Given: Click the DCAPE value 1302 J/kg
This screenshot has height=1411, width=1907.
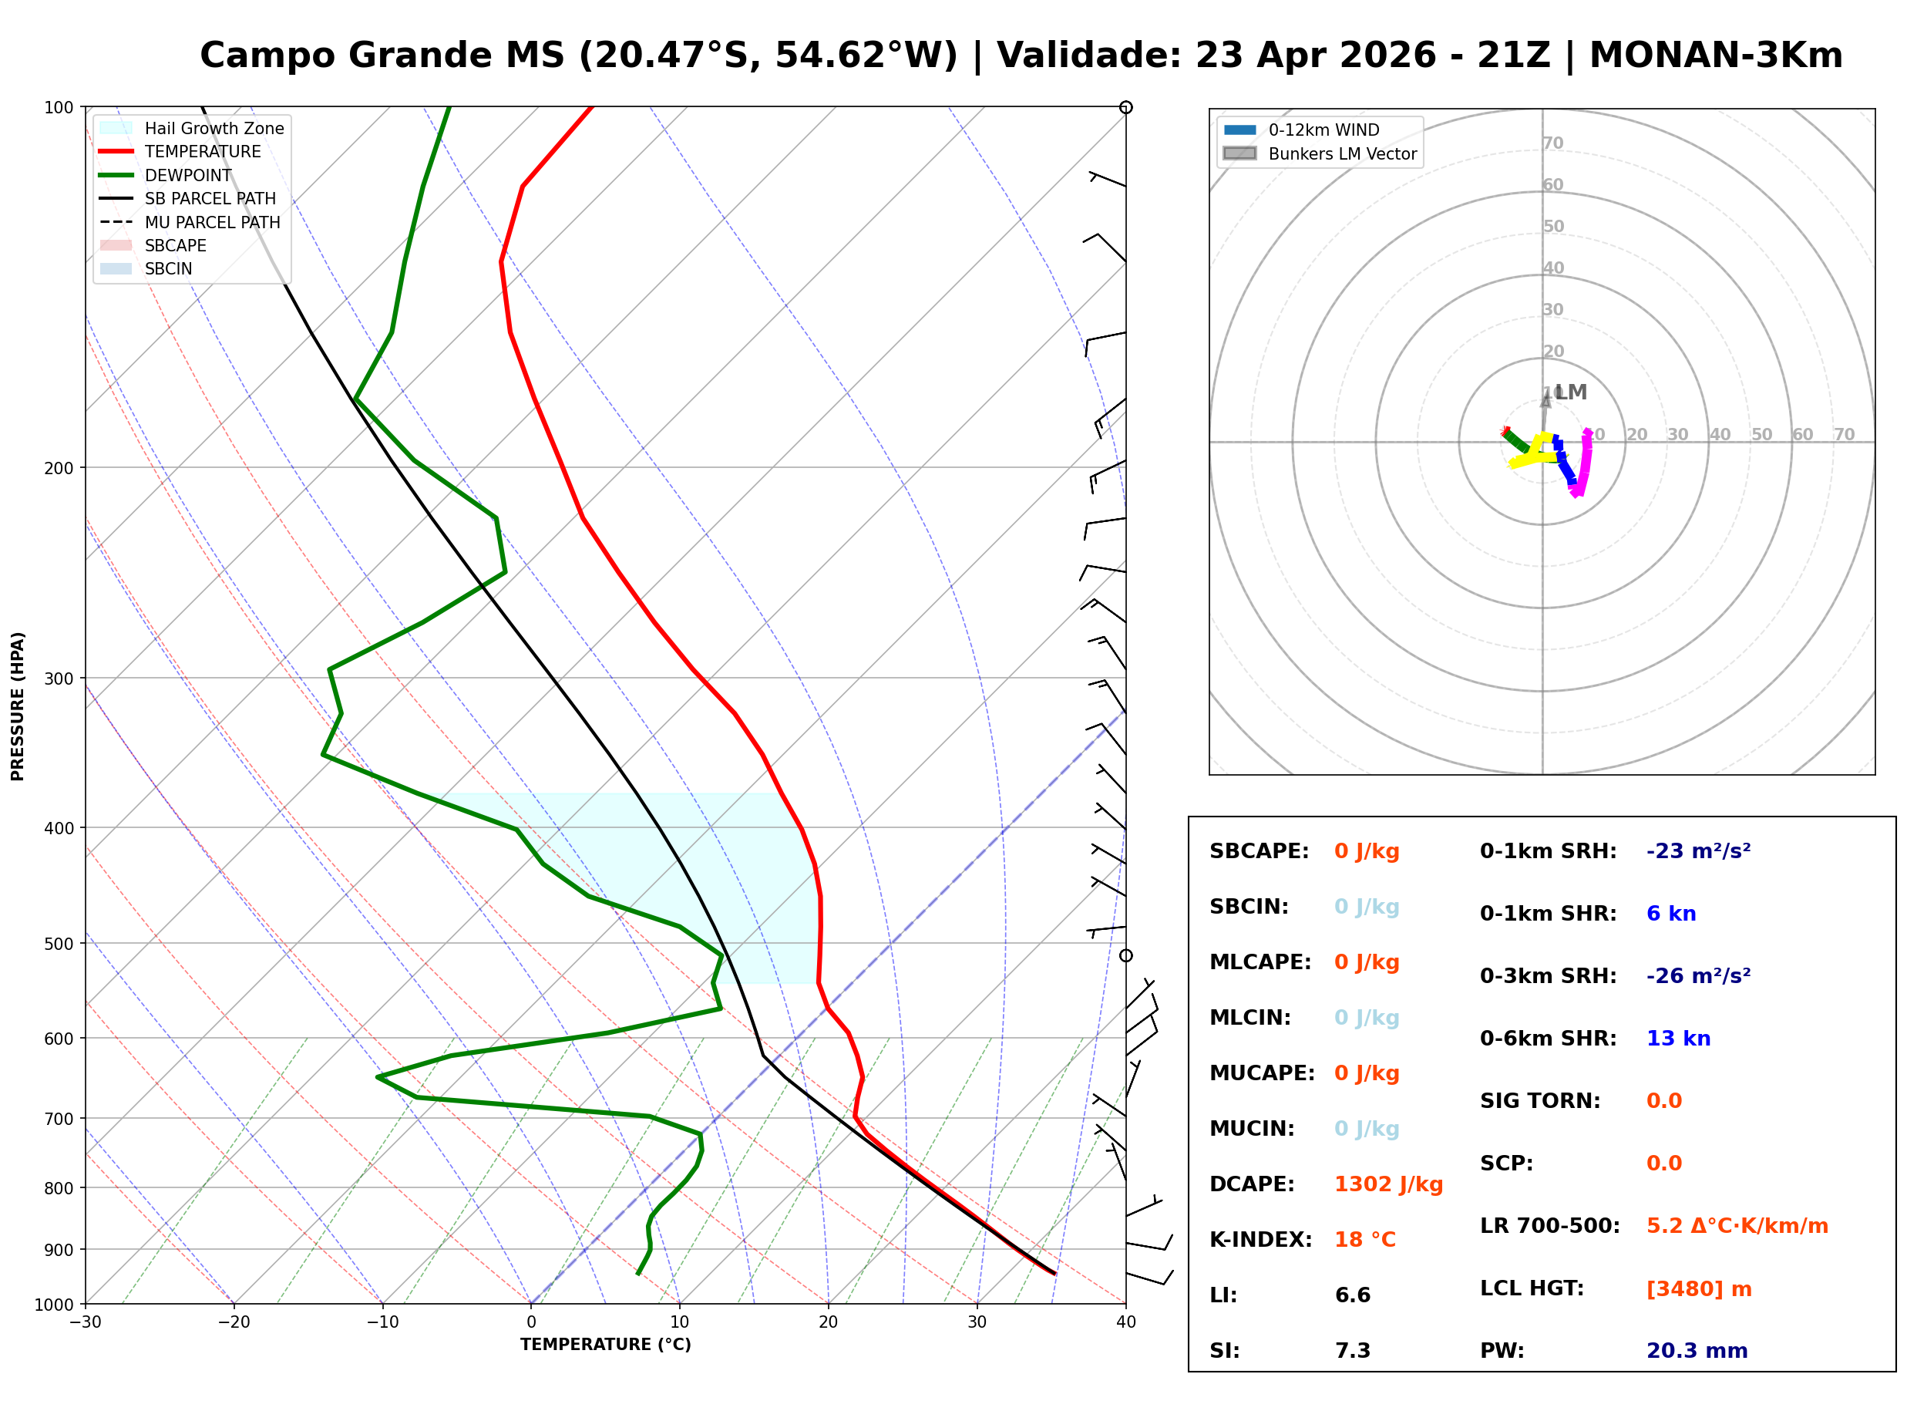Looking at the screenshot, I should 1388,1184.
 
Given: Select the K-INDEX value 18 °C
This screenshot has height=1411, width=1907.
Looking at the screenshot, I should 1364,1240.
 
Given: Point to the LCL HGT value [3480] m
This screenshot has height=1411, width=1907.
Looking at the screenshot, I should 1698,1289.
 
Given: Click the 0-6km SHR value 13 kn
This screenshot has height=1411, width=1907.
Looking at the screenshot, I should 1677,1039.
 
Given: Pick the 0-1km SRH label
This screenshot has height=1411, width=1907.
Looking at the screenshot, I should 1548,851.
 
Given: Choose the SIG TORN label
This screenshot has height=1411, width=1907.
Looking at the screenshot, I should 1540,1101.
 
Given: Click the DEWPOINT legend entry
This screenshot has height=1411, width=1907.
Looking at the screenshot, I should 188,175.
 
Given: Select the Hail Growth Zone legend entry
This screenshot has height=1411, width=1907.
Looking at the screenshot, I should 214,128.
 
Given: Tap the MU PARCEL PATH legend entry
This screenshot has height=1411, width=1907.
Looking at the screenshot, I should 212,222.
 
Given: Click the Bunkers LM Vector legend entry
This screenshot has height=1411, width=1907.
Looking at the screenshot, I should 1342,153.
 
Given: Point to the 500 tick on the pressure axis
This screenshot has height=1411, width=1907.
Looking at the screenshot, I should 58,944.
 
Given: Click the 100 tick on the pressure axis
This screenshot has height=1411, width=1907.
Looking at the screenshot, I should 58,108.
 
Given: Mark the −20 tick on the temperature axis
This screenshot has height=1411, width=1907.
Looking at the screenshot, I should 233,1322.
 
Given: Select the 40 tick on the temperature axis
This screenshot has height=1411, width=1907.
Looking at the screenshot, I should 1125,1322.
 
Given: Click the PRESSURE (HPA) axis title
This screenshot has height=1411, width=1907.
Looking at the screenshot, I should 18,706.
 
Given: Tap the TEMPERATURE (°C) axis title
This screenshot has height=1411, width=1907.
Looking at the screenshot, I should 605,1345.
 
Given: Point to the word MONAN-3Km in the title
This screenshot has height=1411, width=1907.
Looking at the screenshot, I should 1715,56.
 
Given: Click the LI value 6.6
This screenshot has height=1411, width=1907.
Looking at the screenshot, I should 1352,1295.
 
